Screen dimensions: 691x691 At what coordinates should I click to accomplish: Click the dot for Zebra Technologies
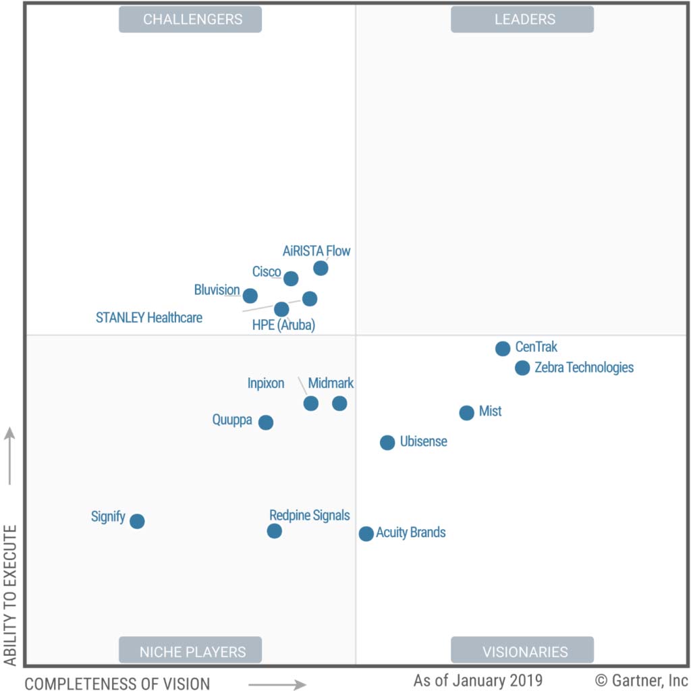(x=522, y=368)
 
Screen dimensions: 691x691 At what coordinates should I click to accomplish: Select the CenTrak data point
(x=503, y=349)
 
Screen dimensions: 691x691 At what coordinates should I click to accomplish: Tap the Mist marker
(x=467, y=413)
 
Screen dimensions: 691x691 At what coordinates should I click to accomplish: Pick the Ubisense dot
(x=387, y=443)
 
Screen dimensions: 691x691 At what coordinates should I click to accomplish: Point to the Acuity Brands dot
(x=366, y=534)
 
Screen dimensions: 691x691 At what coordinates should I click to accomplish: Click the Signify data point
(x=137, y=521)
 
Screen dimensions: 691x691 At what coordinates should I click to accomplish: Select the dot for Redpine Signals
(x=274, y=531)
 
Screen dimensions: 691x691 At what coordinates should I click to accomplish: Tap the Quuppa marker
(x=266, y=422)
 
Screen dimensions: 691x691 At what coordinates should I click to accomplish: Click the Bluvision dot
(x=250, y=296)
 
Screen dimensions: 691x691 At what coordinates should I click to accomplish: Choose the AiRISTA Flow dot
(x=321, y=269)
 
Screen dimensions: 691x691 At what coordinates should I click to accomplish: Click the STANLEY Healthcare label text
(x=149, y=317)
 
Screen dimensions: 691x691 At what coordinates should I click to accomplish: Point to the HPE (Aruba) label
(x=283, y=325)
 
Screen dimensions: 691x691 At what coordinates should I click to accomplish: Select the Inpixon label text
(x=266, y=383)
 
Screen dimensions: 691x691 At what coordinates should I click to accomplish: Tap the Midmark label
(x=331, y=383)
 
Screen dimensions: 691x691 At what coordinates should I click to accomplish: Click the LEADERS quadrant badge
(x=522, y=20)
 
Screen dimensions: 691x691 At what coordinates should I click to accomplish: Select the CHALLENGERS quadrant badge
(x=190, y=20)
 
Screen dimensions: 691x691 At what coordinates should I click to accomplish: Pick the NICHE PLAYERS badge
(x=190, y=651)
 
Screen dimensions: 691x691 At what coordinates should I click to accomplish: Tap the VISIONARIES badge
(x=522, y=651)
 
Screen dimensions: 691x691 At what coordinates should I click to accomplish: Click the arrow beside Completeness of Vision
(x=277, y=685)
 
